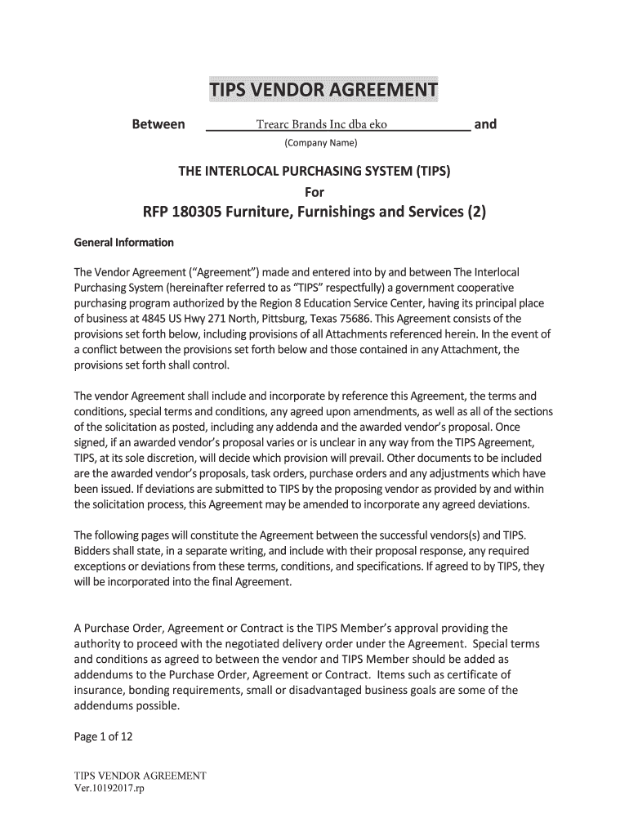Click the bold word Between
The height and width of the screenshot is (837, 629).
pos(158,124)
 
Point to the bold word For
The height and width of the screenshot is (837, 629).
pos(314,192)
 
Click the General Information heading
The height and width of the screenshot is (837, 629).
pos(123,244)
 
